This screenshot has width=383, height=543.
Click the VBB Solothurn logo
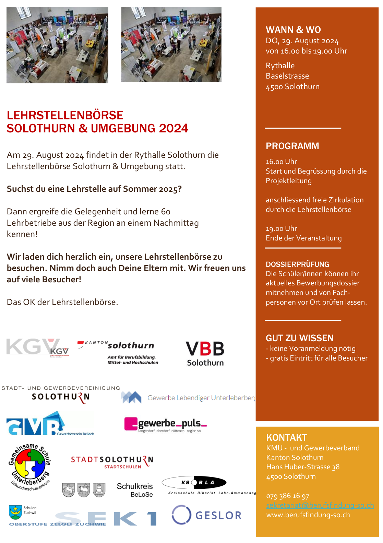[x=205, y=353]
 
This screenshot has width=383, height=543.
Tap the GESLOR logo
[x=207, y=515]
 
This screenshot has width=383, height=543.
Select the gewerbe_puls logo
[x=166, y=425]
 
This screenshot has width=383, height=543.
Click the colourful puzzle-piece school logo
[x=30, y=465]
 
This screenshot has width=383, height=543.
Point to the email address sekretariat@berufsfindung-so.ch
[x=320, y=505]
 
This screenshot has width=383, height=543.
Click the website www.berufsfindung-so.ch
[x=308, y=515]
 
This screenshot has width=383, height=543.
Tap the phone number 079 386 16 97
[x=287, y=496]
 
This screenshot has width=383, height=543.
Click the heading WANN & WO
[x=293, y=30]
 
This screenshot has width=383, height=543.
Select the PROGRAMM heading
[x=292, y=146]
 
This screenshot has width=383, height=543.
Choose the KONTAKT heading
[x=286, y=438]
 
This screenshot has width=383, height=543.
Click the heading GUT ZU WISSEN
[x=299, y=338]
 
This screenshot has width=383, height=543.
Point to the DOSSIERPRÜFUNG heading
[x=297, y=264]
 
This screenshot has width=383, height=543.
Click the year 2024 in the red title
[x=173, y=128]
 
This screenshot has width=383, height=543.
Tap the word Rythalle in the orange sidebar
[x=280, y=66]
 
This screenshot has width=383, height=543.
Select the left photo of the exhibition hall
[x=57, y=45]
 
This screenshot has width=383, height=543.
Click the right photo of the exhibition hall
[x=171, y=45]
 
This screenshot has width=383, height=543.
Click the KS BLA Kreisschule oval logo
[x=194, y=483]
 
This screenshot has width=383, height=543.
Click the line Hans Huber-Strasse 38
[x=303, y=467]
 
